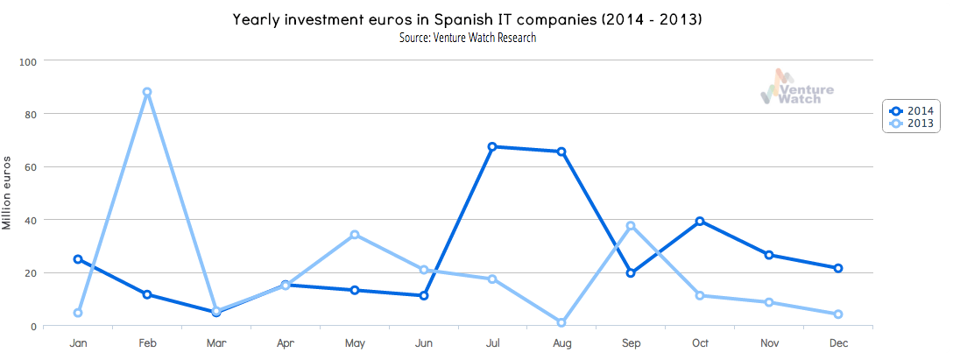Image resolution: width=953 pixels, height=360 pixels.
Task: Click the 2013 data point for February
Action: click(147, 92)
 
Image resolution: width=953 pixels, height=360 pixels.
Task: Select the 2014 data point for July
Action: click(492, 146)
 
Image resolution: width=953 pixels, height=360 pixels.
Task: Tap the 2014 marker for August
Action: click(561, 152)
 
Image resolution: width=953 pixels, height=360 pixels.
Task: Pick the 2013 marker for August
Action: click(561, 322)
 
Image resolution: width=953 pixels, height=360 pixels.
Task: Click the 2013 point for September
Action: click(631, 226)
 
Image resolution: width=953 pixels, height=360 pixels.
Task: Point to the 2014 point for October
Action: click(700, 221)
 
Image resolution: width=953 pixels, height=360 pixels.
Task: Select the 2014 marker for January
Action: click(78, 259)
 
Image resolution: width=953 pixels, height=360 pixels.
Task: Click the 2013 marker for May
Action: click(354, 235)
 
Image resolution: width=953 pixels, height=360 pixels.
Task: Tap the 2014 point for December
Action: click(838, 268)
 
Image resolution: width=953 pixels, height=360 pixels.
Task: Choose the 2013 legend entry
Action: click(911, 124)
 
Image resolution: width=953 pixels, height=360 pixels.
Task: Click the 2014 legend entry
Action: click(911, 110)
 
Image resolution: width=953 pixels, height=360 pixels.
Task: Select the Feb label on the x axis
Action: click(147, 344)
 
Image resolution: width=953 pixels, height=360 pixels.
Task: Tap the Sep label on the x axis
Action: click(631, 344)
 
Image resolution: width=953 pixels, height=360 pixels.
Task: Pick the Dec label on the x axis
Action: click(838, 344)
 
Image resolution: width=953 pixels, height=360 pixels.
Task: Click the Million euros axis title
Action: click(8, 194)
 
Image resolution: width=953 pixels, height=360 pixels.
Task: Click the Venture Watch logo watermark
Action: click(797, 88)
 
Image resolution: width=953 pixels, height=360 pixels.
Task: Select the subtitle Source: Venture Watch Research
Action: click(467, 38)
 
